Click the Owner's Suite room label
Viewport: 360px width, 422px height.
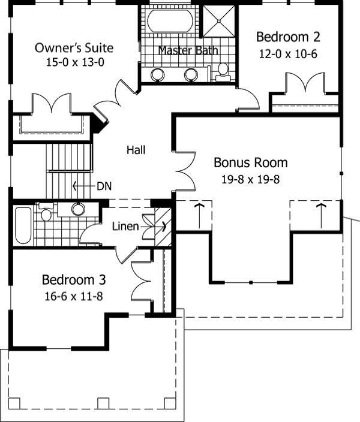tap(74, 48)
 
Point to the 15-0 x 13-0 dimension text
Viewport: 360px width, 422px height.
tap(74, 61)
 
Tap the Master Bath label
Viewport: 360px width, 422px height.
tap(188, 50)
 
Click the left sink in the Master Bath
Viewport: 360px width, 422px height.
tap(158, 74)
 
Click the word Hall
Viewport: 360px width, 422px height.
tap(136, 150)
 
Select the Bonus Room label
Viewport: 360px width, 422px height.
tap(251, 162)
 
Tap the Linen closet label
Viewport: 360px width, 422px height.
tap(125, 227)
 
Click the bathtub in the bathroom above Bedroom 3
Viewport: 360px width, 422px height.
tap(23, 225)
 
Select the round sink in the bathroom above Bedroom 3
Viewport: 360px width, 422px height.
tap(78, 209)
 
